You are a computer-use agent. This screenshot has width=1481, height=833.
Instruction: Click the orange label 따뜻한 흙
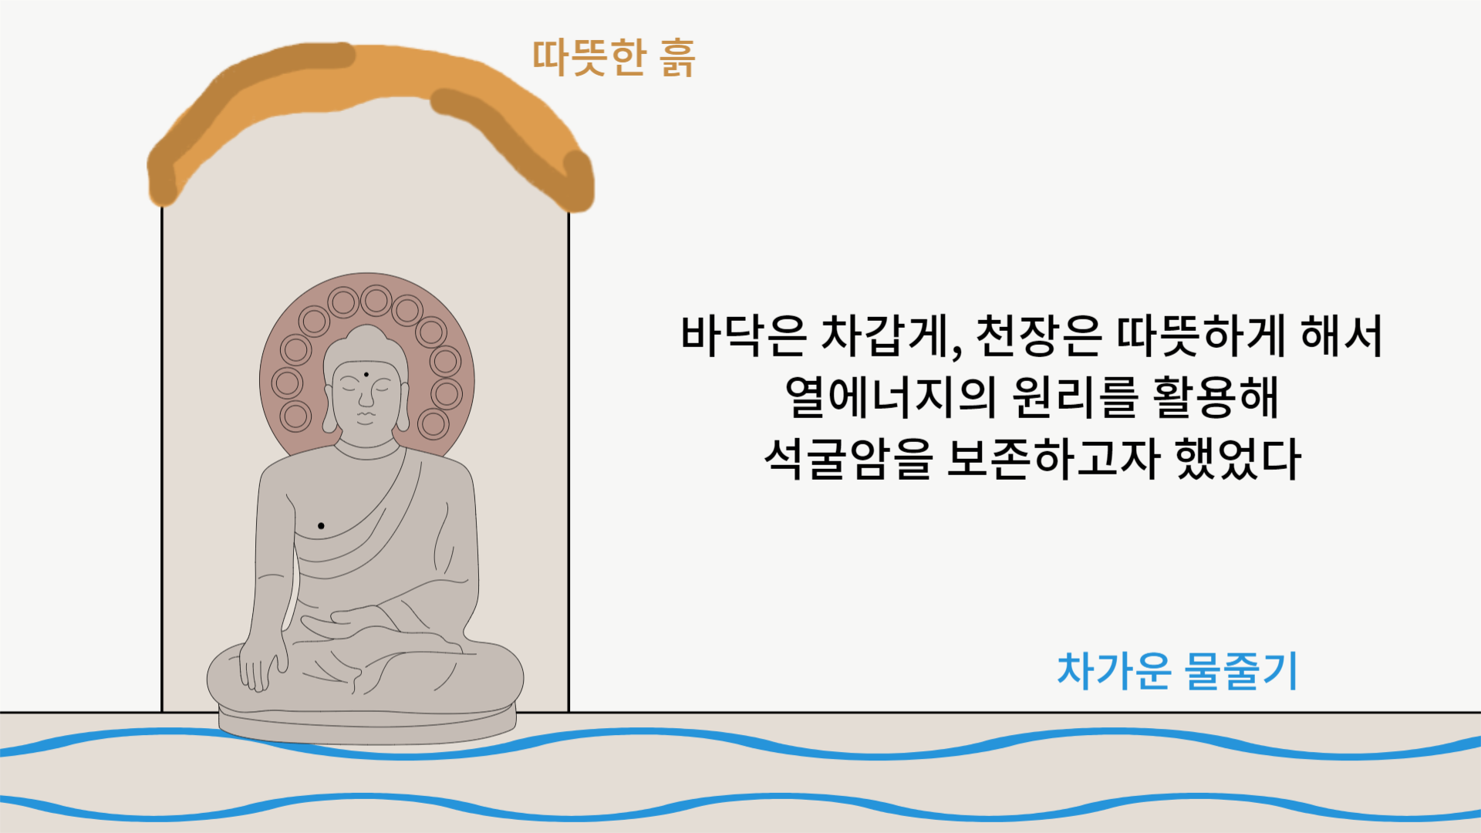pyautogui.click(x=613, y=57)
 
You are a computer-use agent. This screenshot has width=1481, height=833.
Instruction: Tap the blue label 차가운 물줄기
pyautogui.click(x=1177, y=670)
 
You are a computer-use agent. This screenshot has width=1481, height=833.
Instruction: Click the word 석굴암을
pyautogui.click(x=848, y=459)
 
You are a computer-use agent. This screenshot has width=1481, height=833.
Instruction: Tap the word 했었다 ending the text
pyautogui.click(x=1238, y=459)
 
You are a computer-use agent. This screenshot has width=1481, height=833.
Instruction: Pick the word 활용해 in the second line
pyautogui.click(x=1216, y=397)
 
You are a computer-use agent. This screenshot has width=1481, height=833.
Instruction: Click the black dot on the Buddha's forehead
pyautogui.click(x=366, y=376)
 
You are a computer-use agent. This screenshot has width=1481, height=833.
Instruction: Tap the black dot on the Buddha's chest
pyautogui.click(x=321, y=526)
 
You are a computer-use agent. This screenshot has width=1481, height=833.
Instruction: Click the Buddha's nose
pyautogui.click(x=366, y=400)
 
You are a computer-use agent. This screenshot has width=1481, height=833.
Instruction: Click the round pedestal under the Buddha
pyautogui.click(x=367, y=725)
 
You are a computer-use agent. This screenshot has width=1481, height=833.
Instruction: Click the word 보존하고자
pyautogui.click(x=1053, y=459)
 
